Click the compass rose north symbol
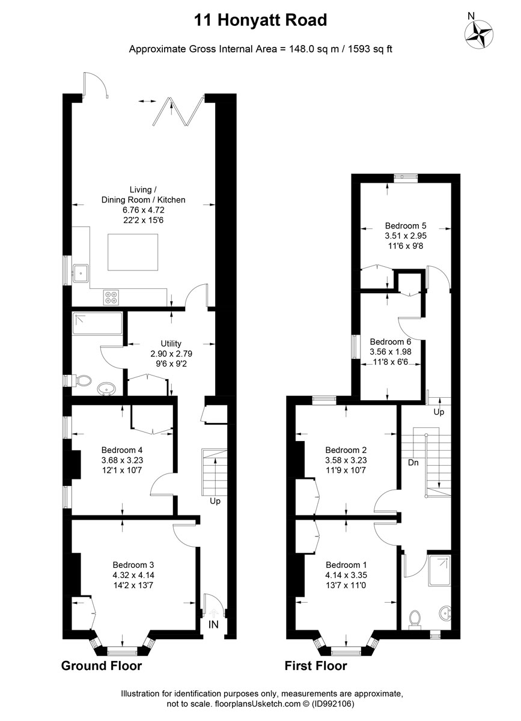pyautogui.click(x=479, y=34)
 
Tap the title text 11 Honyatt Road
pyautogui.click(x=260, y=20)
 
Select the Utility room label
pyautogui.click(x=171, y=344)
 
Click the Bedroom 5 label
pyautogui.click(x=406, y=225)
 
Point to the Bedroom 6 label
pyautogui.click(x=390, y=341)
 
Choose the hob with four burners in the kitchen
pyautogui.click(x=111, y=297)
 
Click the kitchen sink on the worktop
pyautogui.click(x=81, y=273)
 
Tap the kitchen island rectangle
pyautogui.click(x=133, y=252)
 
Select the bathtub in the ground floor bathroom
pyautogui.click(x=97, y=323)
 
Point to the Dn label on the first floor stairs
pyautogui.click(x=413, y=463)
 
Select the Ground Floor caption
pyautogui.click(x=102, y=666)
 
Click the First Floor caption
pyautogui.click(x=316, y=666)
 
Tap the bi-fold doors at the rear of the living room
pyautogui.click(x=178, y=110)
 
